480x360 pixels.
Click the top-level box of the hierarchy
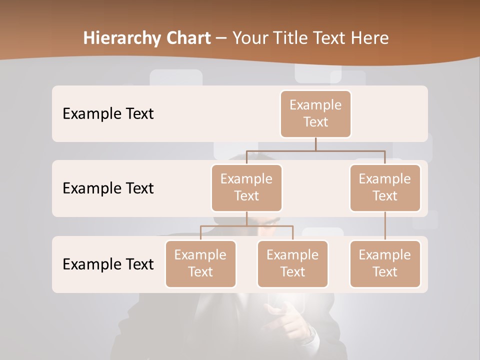[315, 113]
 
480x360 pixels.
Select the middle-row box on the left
[246, 187]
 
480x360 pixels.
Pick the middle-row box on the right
[385, 187]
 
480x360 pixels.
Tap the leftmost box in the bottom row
[200, 263]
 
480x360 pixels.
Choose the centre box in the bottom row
[292, 263]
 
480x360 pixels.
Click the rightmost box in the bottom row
[385, 263]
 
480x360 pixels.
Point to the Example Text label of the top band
[108, 113]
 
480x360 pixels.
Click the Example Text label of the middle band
[108, 188]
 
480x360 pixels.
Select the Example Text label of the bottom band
[108, 264]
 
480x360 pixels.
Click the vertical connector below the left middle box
[246, 218]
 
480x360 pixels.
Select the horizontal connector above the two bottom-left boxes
[246, 226]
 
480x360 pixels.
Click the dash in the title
[221, 38]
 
